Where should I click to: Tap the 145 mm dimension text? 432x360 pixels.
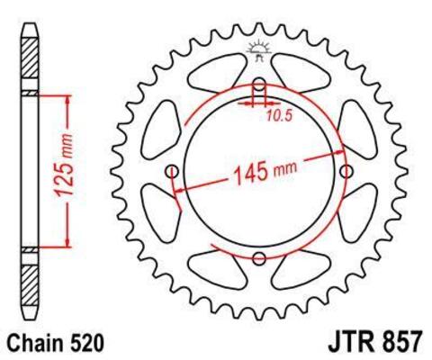pyautogui.click(x=263, y=168)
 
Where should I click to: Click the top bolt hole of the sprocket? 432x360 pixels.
pyautogui.click(x=259, y=87)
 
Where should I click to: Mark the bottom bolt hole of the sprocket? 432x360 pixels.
pyautogui.click(x=259, y=259)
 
